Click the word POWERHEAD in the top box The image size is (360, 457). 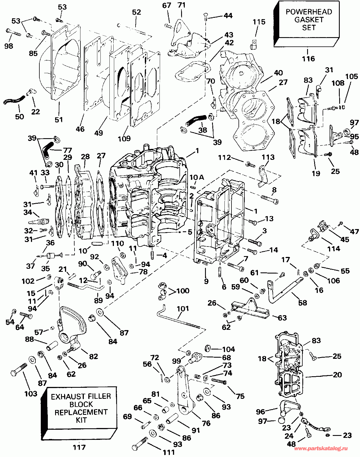coord(309,12)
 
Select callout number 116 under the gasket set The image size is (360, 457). coord(308,59)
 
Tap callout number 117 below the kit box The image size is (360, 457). coord(79,447)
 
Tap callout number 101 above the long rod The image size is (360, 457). coord(183,309)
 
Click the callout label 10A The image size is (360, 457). coord(197,177)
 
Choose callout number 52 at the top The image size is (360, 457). coord(136,12)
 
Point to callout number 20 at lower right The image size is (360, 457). coord(337,375)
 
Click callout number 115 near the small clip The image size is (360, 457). coord(259,22)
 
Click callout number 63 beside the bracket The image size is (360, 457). coord(282,318)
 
